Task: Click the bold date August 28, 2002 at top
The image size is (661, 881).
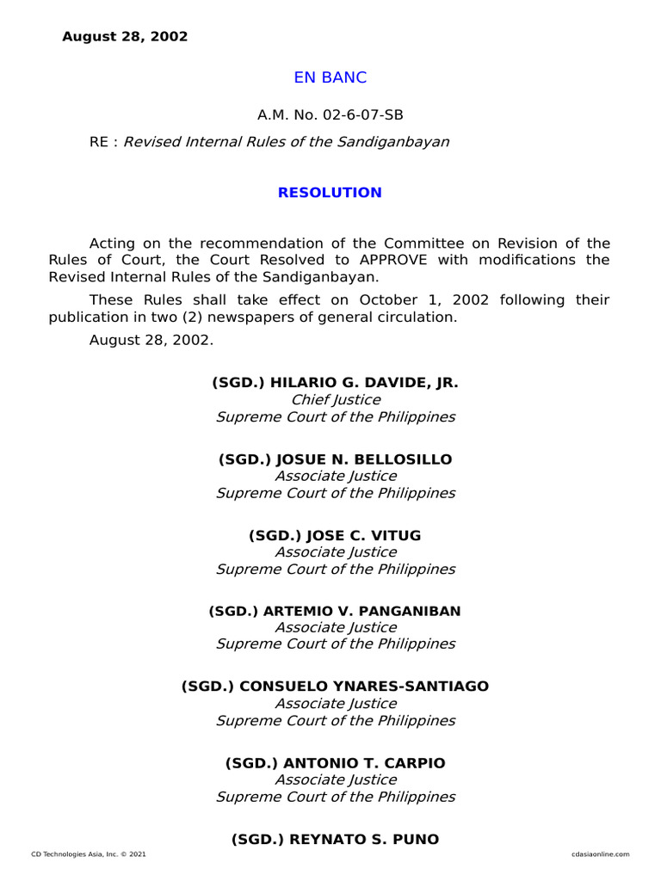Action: [125, 37]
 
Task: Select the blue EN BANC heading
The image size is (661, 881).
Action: [330, 77]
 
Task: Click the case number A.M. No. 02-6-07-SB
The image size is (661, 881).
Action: [330, 115]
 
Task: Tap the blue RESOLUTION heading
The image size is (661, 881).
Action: [330, 193]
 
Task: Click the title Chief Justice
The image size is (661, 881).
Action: [336, 400]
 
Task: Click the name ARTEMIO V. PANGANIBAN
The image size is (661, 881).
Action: [361, 611]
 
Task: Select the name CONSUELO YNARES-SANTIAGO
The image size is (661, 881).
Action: [363, 687]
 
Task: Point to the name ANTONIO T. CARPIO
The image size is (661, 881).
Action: [365, 763]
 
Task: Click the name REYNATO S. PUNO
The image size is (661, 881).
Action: [364, 839]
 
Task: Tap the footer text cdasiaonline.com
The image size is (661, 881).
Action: [600, 854]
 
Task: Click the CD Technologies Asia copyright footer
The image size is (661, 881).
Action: [89, 854]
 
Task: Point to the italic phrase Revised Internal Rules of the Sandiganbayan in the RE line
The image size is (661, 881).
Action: [287, 142]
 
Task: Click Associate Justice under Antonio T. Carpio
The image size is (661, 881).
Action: [336, 779]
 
